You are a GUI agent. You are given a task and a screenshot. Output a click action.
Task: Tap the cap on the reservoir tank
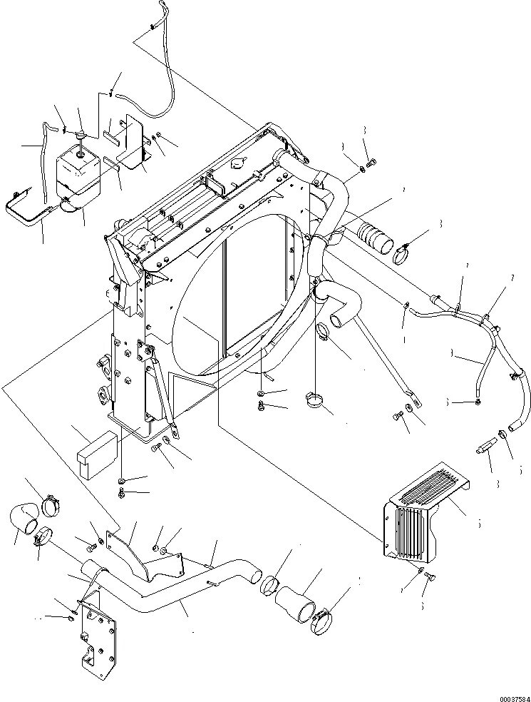pos(81,136)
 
